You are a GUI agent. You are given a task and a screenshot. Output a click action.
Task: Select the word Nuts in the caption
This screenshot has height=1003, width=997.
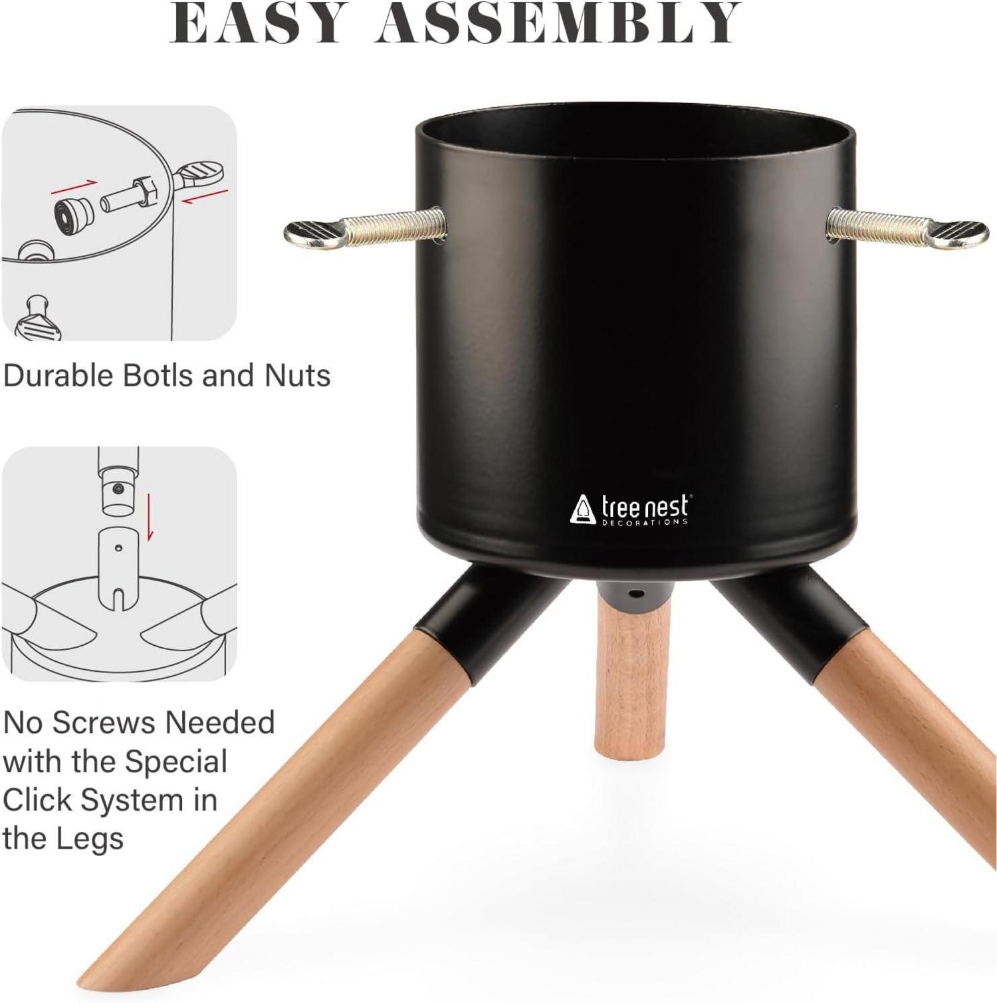click(297, 375)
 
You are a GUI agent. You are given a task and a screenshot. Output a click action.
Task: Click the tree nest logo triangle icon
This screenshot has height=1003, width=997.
click(583, 509)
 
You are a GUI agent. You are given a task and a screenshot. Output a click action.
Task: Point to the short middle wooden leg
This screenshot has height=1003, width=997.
click(627, 685)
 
